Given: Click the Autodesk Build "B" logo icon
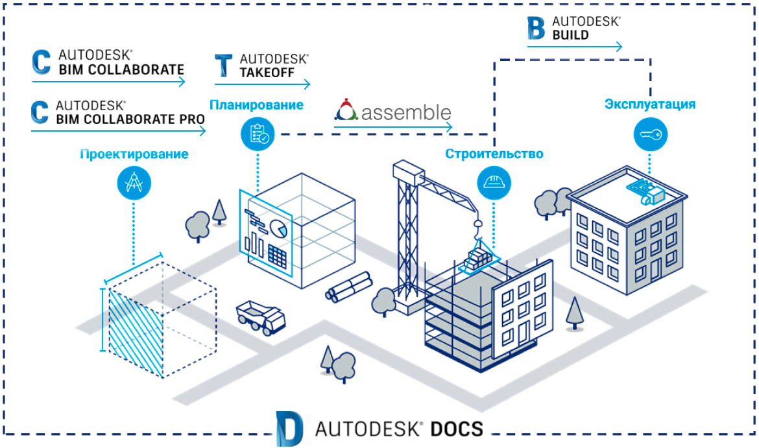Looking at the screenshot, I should click(537, 28).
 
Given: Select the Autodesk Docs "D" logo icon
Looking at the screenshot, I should click(289, 428).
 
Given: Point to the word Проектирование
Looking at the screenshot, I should click(134, 154).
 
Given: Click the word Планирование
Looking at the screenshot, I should click(256, 104).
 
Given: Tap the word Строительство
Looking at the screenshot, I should click(494, 154).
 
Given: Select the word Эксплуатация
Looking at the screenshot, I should click(650, 104).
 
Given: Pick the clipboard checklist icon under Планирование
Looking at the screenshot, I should click(258, 134).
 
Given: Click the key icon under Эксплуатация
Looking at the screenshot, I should click(649, 135).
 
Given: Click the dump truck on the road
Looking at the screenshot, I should click(261, 316).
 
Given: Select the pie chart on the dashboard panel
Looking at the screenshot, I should click(280, 228).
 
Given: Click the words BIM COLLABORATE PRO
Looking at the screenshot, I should click(130, 119).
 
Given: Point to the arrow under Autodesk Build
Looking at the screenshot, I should click(575, 47).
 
